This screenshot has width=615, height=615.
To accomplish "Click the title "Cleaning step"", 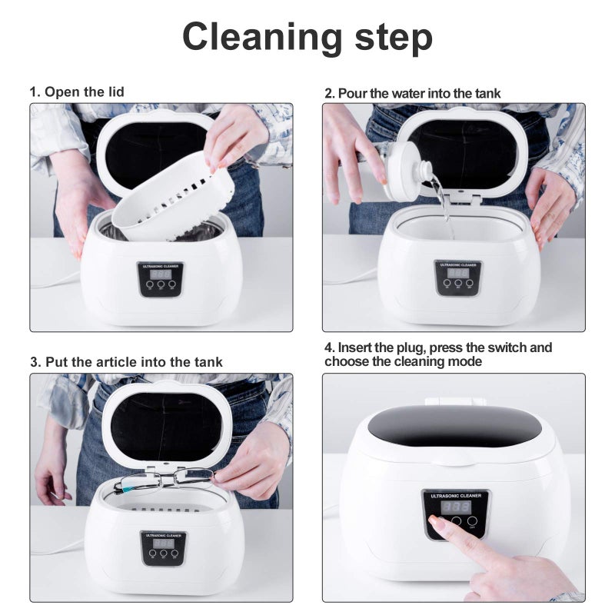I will [x=307, y=36].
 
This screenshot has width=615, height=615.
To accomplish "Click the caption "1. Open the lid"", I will [x=77, y=91].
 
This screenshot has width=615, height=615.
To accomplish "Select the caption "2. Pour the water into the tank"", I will [x=412, y=93].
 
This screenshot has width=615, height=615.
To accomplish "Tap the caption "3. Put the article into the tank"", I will [x=127, y=361].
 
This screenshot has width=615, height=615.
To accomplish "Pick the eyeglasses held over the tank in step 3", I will [x=163, y=480].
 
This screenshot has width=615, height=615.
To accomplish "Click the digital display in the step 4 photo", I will [x=457, y=507].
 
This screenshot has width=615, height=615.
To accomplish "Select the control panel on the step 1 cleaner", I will [x=155, y=278].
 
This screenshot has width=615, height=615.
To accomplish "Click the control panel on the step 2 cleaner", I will [x=458, y=278].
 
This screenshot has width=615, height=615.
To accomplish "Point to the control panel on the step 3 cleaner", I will [x=163, y=548].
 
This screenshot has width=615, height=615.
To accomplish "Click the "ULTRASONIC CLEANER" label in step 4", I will [x=457, y=495].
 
